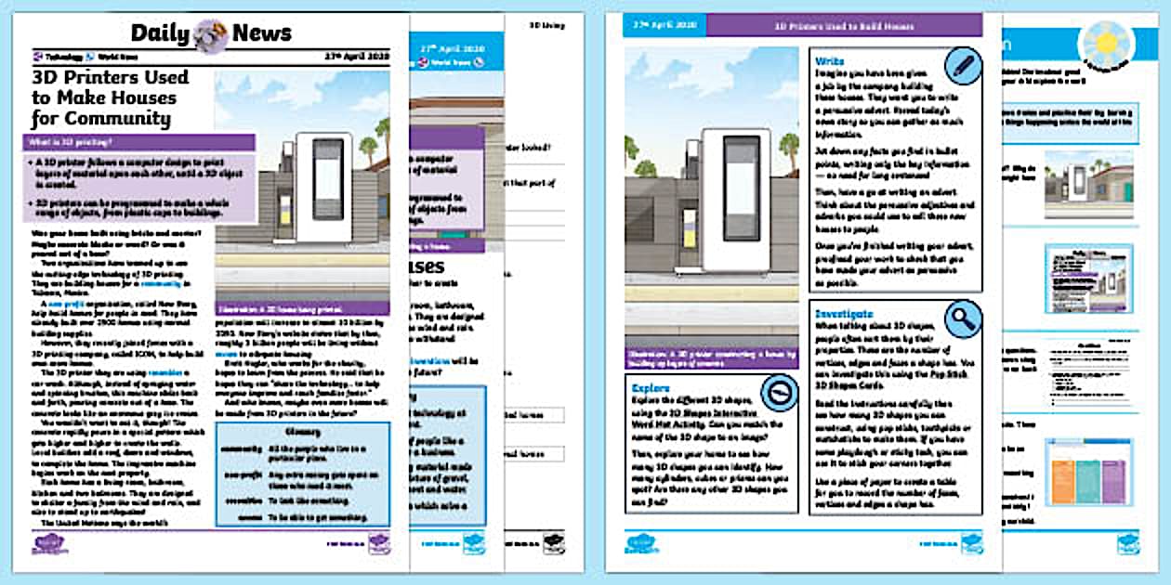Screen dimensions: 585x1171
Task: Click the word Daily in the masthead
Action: coord(161,33)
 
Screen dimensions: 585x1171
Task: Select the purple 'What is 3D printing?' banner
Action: coord(139,142)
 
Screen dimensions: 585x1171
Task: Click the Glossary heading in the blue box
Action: coord(262,432)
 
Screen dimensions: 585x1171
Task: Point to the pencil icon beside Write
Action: coord(963,66)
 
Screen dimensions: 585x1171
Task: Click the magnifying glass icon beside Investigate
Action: coord(963,319)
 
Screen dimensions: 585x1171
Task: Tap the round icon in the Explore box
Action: coord(778,393)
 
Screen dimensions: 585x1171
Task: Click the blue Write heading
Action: coord(831,60)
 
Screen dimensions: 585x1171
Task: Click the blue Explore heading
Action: coord(651,387)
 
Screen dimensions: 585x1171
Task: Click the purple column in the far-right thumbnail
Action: coord(1065,472)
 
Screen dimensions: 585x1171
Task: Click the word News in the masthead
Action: coord(262,33)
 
